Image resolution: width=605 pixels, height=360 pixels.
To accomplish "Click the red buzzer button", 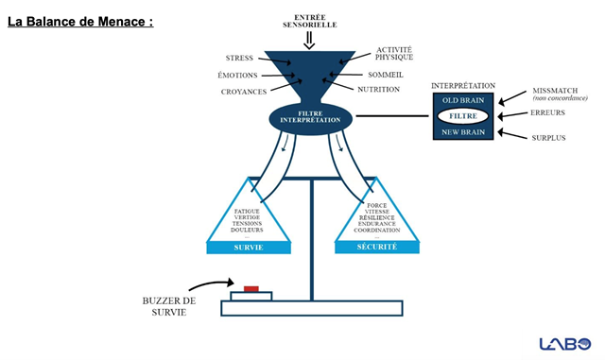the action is pyautogui.click(x=251, y=288).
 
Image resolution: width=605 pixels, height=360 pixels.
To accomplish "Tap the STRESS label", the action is pyautogui.click(x=239, y=58).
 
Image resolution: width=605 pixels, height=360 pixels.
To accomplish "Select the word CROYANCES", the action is pyautogui.click(x=244, y=92).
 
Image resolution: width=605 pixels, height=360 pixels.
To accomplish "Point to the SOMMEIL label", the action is pyautogui.click(x=386, y=75).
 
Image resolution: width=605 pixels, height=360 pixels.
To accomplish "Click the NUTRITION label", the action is pyautogui.click(x=378, y=90).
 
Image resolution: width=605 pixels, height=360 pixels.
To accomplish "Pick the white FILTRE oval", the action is pyautogui.click(x=462, y=116).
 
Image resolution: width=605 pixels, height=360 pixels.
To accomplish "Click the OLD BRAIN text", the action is pyautogui.click(x=463, y=100).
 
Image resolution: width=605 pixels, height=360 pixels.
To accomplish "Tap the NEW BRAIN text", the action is pyautogui.click(x=463, y=132).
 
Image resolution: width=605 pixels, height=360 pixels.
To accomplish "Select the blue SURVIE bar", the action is pyautogui.click(x=249, y=248).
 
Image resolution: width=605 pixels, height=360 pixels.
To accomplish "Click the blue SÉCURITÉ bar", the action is pyautogui.click(x=377, y=247).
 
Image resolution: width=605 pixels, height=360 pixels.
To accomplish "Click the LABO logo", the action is pyautogui.click(x=565, y=344).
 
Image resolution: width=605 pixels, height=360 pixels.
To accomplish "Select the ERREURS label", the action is pyautogui.click(x=547, y=112).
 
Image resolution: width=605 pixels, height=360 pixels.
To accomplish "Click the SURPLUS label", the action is pyautogui.click(x=548, y=138).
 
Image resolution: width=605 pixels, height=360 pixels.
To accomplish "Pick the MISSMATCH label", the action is pyautogui.click(x=555, y=91).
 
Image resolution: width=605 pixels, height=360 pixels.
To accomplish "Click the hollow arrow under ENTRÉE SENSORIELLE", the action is pyautogui.click(x=309, y=41).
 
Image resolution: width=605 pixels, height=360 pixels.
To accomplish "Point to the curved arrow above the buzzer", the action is pyautogui.click(x=210, y=283).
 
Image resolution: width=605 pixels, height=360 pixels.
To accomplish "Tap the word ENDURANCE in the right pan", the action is pyautogui.click(x=376, y=224).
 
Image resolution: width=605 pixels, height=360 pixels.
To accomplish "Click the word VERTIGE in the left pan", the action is pyautogui.click(x=247, y=217).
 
